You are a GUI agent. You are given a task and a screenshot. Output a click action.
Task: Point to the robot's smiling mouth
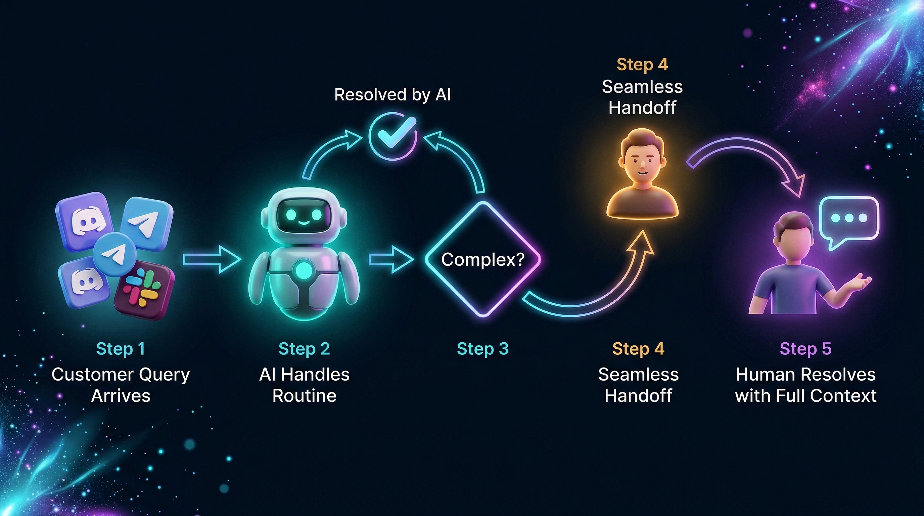[x=303, y=223]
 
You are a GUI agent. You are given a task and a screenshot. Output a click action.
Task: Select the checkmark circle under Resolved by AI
[x=393, y=136]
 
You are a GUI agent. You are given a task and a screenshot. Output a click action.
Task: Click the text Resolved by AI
[x=392, y=95]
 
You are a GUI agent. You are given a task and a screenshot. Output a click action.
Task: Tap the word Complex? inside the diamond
[x=483, y=259]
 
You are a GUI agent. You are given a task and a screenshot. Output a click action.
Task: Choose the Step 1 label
[x=121, y=349]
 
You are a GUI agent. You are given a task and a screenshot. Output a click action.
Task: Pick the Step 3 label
[x=483, y=349]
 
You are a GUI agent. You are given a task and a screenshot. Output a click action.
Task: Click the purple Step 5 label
[x=805, y=349]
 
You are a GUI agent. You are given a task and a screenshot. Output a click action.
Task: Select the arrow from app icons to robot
[x=212, y=259]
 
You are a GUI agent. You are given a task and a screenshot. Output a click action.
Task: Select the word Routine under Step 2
[x=304, y=396]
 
